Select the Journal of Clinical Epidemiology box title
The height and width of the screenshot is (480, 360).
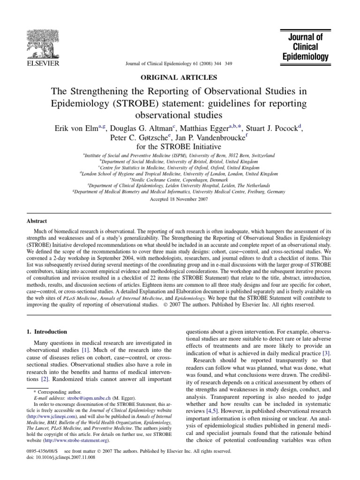tap(306, 47)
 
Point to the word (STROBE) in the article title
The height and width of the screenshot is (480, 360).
tap(151, 103)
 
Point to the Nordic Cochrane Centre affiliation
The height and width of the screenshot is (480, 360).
tap(180, 180)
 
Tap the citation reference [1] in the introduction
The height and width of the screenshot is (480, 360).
tap(86, 350)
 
